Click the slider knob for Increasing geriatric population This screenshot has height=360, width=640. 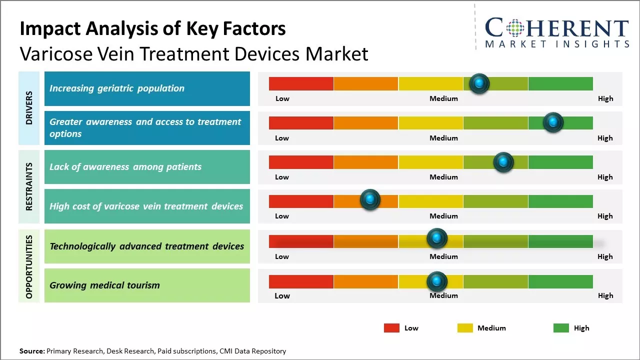[x=479, y=83]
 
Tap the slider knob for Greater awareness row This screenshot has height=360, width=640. [x=553, y=122]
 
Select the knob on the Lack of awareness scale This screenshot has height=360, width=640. [x=503, y=162]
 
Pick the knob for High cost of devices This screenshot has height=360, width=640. [x=370, y=200]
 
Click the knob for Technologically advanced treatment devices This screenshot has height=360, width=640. [x=436, y=238]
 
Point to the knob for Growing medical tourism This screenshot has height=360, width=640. [x=436, y=281]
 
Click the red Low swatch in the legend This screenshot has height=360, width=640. [x=391, y=328]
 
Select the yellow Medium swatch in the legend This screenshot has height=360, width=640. [x=465, y=328]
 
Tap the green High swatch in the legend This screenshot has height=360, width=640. [x=561, y=328]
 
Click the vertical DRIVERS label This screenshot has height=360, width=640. [x=29, y=108]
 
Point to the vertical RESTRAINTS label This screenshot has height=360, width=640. [x=29, y=186]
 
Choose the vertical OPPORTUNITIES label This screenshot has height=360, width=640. [x=29, y=266]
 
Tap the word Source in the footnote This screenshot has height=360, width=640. [x=31, y=351]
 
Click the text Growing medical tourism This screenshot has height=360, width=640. [x=104, y=285]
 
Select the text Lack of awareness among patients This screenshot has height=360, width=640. [x=125, y=167]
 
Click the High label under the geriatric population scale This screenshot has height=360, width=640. [x=605, y=98]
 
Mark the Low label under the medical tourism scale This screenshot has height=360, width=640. [x=282, y=295]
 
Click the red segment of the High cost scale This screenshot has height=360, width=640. [x=301, y=201]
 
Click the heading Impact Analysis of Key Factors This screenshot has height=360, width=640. [x=152, y=28]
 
